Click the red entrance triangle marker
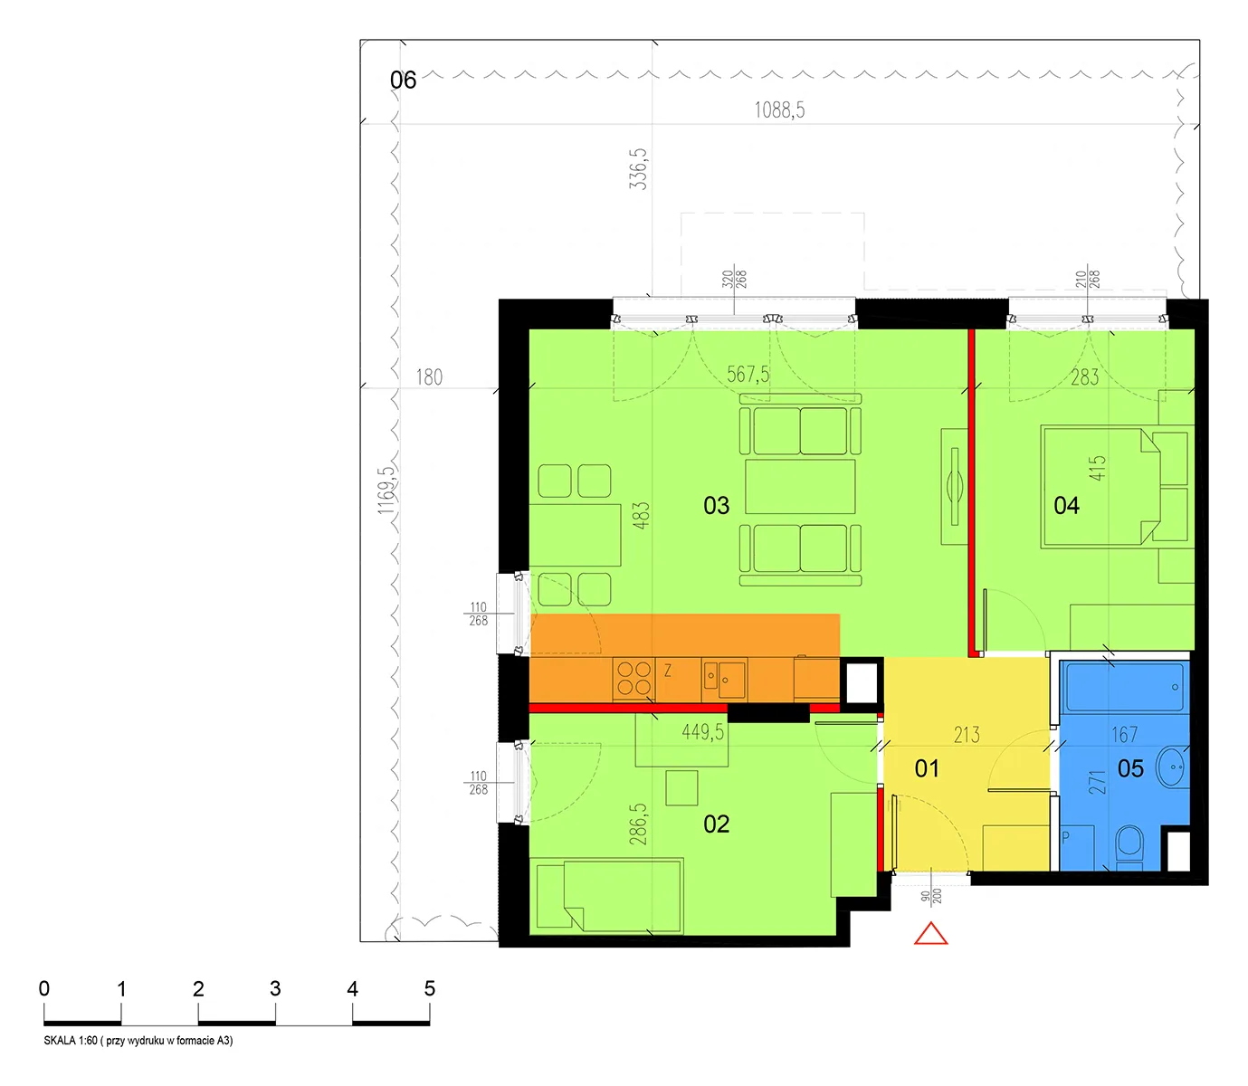pos(930,935)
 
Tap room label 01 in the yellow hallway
pos(927,769)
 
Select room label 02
pos(716,824)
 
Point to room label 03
pos(716,506)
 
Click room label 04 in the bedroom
pos(1066,506)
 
